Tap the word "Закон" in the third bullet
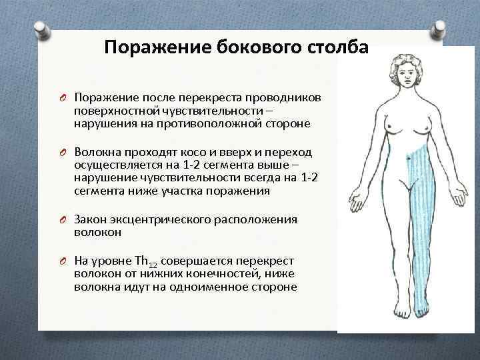(x=90, y=219)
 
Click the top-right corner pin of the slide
(x=441, y=29)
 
